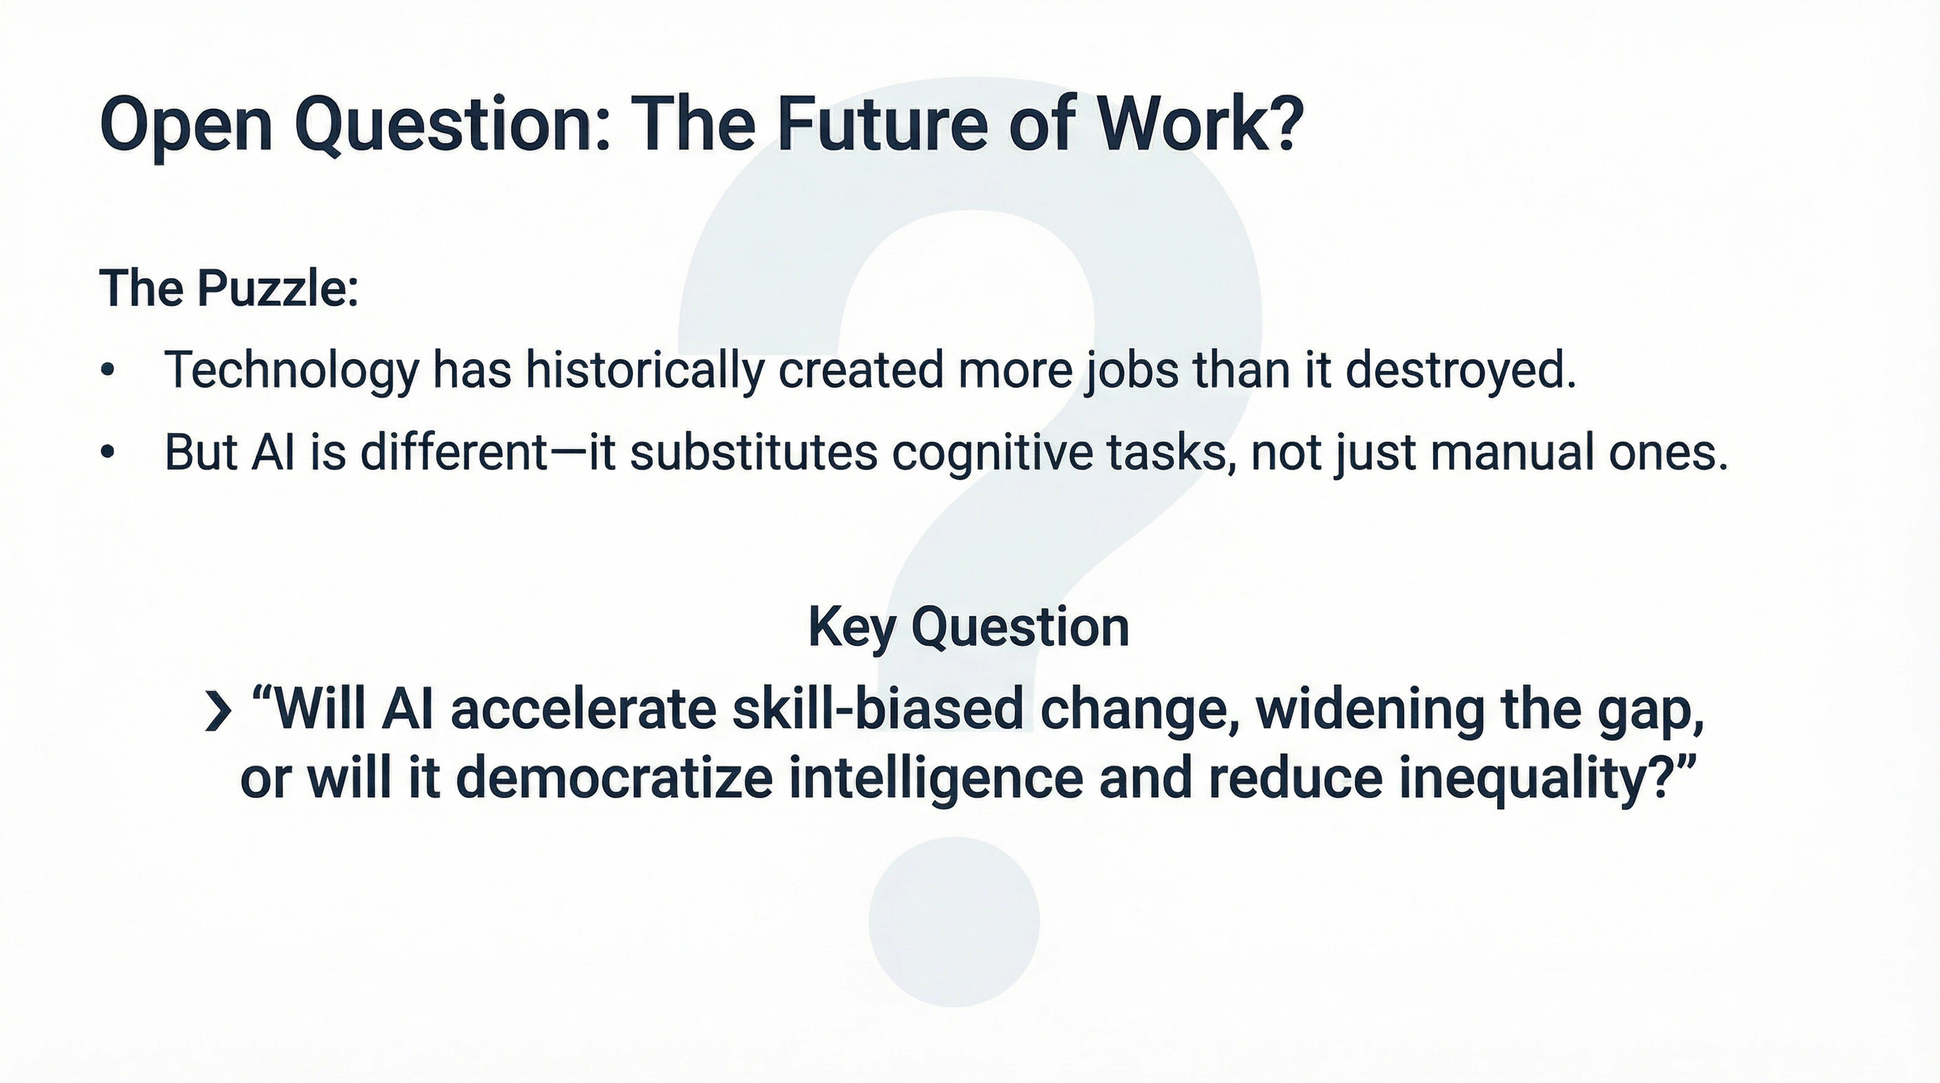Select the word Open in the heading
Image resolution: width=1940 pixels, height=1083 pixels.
[185, 125]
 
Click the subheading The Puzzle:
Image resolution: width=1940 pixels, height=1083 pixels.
[228, 288]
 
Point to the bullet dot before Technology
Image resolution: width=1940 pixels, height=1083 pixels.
[109, 371]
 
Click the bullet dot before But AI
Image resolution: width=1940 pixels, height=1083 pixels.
[109, 452]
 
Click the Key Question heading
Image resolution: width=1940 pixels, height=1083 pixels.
[969, 628]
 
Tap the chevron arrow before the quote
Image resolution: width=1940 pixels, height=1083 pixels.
[217, 712]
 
